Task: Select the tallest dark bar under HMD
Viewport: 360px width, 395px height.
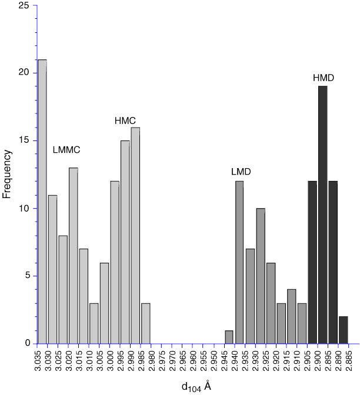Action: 322,215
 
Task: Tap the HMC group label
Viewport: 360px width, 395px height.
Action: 125,120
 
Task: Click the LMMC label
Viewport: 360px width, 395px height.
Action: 66,150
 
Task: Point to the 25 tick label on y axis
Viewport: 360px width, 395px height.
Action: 24,5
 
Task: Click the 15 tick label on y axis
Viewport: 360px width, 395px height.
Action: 24,140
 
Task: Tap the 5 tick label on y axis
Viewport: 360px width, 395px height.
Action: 27,276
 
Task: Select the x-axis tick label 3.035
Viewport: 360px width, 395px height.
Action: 42,363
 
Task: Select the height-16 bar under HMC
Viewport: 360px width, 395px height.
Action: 135,235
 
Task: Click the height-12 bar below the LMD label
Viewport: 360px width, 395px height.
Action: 239,262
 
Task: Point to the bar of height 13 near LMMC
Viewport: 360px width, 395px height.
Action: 73,256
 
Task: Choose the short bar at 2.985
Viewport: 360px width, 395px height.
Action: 146,323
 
